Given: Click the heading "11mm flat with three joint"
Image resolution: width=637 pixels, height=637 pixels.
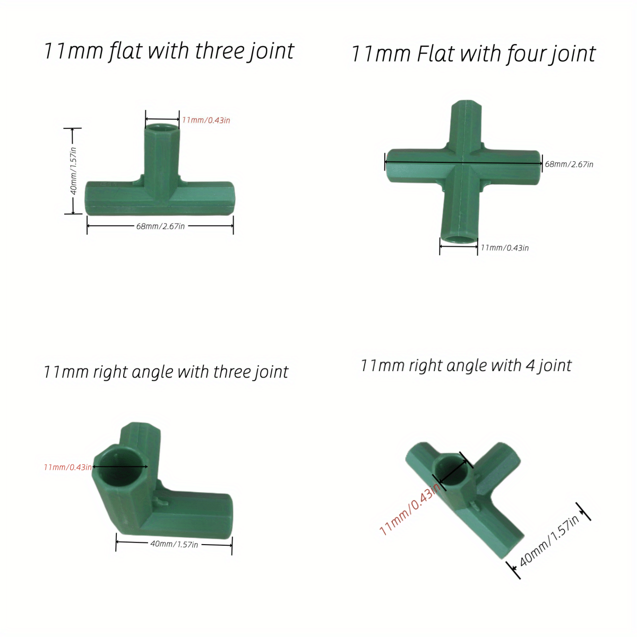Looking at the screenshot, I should [168, 51].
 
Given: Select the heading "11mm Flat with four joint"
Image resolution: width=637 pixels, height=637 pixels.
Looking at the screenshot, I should [473, 54].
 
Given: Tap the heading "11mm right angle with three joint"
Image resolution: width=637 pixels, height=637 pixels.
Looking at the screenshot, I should [166, 372].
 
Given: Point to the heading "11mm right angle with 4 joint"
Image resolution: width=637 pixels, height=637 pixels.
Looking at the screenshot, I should [466, 366].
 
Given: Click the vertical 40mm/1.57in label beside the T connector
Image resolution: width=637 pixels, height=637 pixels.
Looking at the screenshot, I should [74, 171].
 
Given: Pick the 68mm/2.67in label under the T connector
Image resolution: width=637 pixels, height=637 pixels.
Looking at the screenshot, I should [160, 226].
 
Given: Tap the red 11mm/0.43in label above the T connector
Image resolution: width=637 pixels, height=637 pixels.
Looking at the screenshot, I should [206, 120].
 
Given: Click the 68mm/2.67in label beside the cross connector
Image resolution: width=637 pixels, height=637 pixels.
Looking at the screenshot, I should [569, 165].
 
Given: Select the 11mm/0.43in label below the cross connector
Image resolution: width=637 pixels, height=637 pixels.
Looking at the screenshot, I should [504, 248].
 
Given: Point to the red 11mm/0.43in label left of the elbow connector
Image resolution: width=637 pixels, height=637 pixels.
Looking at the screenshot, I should [68, 467].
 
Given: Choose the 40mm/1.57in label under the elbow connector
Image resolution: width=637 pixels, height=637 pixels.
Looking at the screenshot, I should [174, 544].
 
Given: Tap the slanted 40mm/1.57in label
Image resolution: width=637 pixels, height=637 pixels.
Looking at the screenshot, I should [549, 542].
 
